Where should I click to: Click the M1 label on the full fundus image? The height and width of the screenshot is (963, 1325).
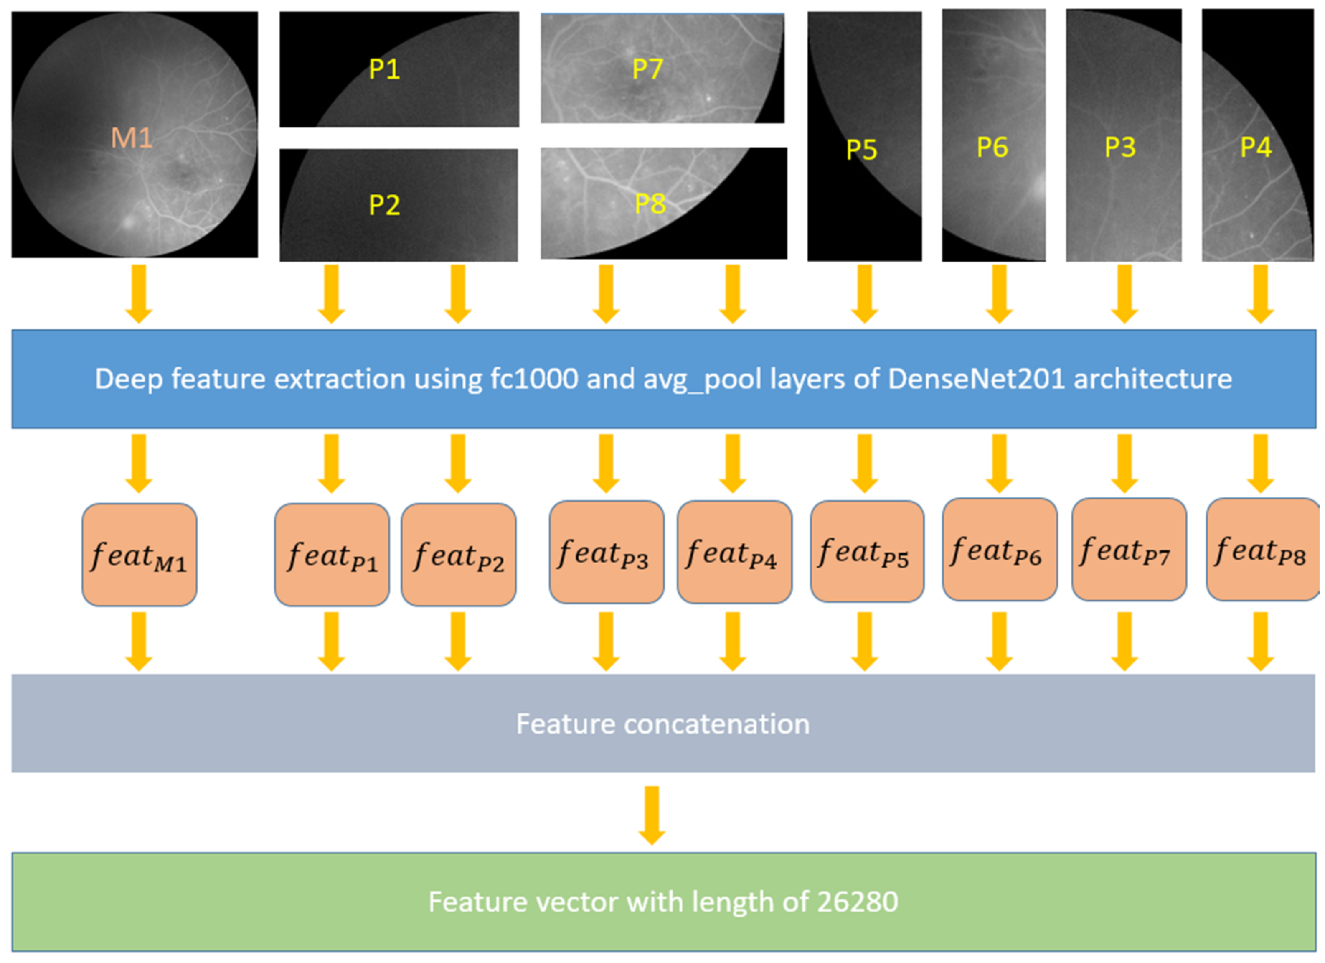tap(132, 138)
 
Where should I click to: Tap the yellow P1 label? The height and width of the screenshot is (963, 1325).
tap(384, 69)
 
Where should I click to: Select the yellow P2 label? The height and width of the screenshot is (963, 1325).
tap(384, 205)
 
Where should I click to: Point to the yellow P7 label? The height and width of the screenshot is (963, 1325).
tap(647, 69)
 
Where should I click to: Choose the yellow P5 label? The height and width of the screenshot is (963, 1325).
tap(862, 150)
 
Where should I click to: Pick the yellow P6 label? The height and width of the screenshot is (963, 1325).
tap(992, 148)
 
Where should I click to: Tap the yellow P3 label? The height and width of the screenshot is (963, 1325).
tap(1120, 148)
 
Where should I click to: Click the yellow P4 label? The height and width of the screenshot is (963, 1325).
tap(1256, 148)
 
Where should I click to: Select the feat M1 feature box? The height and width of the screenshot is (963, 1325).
tap(139, 554)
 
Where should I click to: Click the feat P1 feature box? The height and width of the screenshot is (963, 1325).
tap(332, 554)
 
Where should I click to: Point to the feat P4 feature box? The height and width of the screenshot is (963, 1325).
tap(734, 552)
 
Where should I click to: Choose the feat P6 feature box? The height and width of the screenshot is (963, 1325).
tap(1000, 550)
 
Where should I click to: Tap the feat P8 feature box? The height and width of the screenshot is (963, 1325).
tap(1262, 550)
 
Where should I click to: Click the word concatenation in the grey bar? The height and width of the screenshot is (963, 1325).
tap(717, 724)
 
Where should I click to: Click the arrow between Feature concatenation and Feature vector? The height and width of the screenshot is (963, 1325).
tap(652, 815)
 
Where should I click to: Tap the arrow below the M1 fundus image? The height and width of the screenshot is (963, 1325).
tap(139, 293)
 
